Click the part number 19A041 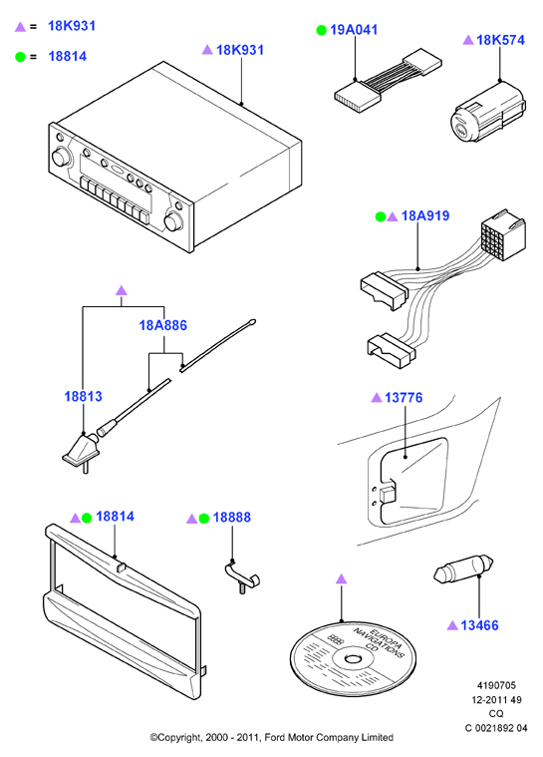coord(354,30)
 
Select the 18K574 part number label coord(500,40)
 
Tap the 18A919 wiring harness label coord(424,215)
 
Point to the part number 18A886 coord(163,325)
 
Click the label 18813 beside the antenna coord(84,396)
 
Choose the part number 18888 coord(231,517)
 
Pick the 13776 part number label coord(404,397)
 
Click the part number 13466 coord(479,625)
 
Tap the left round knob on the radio coord(60,158)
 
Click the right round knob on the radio coord(172,221)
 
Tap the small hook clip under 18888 coord(241,575)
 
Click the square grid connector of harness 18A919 coord(502,234)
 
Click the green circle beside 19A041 coord(321,30)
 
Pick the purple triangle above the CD coord(342,578)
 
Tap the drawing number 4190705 coord(496,685)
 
